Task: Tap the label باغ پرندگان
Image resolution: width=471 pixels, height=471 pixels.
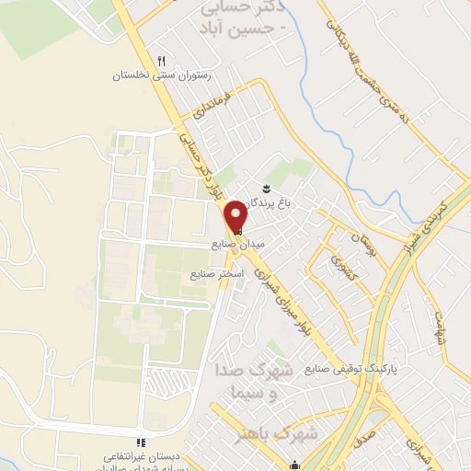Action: pyautogui.click(x=282, y=203)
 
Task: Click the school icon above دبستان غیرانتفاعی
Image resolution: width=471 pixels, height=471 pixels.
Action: pyautogui.click(x=141, y=442)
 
